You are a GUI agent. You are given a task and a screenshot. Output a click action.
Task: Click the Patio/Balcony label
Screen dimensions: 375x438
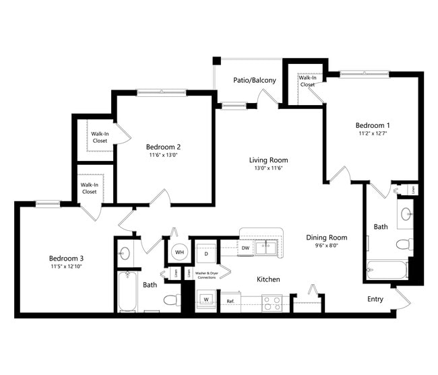pyautogui.click(x=254, y=80)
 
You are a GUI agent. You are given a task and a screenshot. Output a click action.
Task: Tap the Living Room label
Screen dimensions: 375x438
pyautogui.click(x=268, y=160)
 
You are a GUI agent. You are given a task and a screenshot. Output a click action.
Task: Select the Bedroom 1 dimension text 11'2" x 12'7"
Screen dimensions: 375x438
pyautogui.click(x=373, y=133)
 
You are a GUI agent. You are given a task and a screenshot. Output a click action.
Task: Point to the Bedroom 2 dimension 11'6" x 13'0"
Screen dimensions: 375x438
pyautogui.click(x=163, y=155)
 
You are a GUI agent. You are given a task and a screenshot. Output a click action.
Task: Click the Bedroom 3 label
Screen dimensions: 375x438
pyautogui.click(x=65, y=258)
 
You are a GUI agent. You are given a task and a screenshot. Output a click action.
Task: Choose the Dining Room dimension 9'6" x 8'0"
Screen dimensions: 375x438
pyautogui.click(x=326, y=246)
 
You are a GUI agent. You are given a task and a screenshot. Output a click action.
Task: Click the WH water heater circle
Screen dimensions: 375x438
pyautogui.click(x=179, y=252)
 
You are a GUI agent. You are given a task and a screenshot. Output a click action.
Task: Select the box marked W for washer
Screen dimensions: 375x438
pyautogui.click(x=206, y=298)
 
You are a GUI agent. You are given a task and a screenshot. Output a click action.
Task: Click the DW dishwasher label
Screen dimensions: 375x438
pyautogui.click(x=246, y=248)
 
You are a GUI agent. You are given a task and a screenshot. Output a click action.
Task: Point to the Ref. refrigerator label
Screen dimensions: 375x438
pyautogui.click(x=230, y=301)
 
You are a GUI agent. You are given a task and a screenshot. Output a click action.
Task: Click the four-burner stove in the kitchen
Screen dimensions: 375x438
pyautogui.click(x=272, y=303)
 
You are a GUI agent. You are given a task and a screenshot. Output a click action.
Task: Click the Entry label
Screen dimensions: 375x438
pyautogui.click(x=376, y=298)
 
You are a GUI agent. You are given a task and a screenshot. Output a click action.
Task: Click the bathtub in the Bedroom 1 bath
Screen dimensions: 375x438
pyautogui.click(x=387, y=271)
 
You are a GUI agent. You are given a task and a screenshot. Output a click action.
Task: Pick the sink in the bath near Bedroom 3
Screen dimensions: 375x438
pyautogui.click(x=125, y=254)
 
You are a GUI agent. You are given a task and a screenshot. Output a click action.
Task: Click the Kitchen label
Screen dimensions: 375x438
pyautogui.click(x=268, y=279)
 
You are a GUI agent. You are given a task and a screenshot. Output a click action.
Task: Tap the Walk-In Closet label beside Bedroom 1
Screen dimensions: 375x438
pyautogui.click(x=307, y=81)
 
